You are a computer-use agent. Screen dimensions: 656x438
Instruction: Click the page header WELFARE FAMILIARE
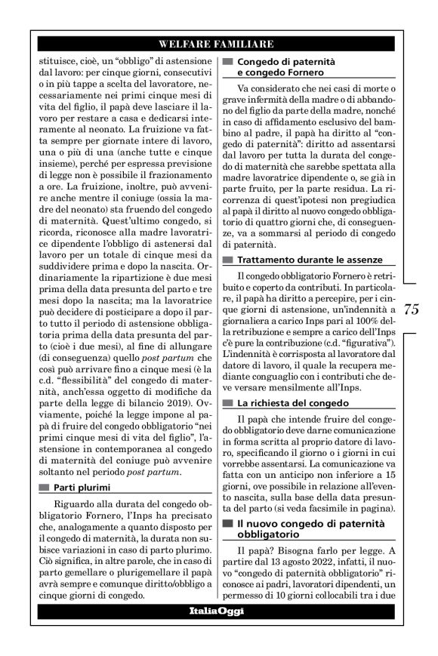(217, 44)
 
